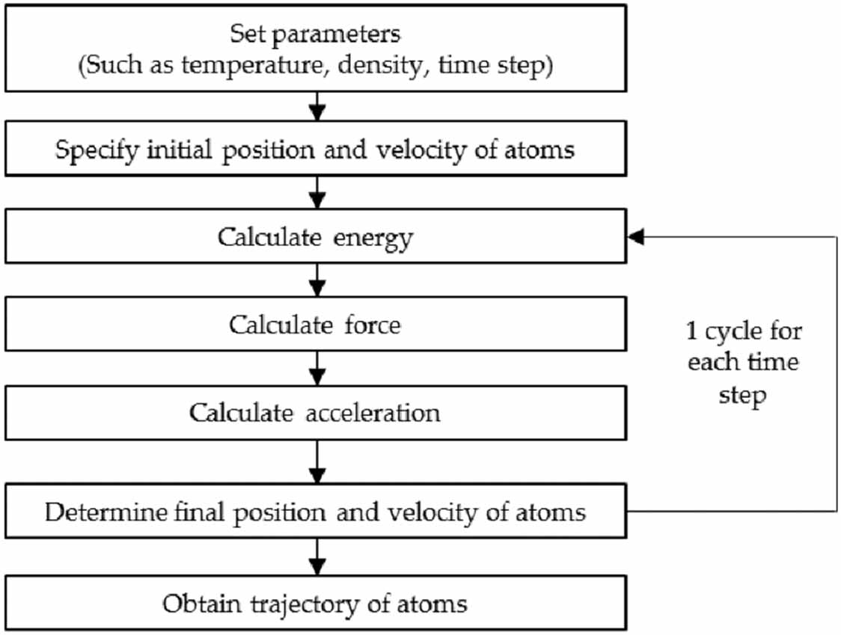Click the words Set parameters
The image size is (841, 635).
[x=315, y=34]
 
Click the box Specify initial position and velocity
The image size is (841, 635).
[x=315, y=150]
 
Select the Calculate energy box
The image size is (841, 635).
[x=315, y=238]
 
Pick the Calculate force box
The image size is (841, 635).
[x=315, y=325]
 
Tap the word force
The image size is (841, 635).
[x=370, y=325]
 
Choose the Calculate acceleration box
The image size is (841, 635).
[x=315, y=413]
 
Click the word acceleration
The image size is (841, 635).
[x=373, y=413]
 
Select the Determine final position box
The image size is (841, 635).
[x=315, y=512]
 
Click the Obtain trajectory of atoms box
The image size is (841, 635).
[x=315, y=604]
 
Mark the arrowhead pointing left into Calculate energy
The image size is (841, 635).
[x=634, y=237]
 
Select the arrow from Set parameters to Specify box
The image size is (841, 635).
[x=318, y=106]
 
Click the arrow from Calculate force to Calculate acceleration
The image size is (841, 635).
[x=318, y=369]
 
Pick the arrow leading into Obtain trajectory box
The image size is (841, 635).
[x=318, y=557]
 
